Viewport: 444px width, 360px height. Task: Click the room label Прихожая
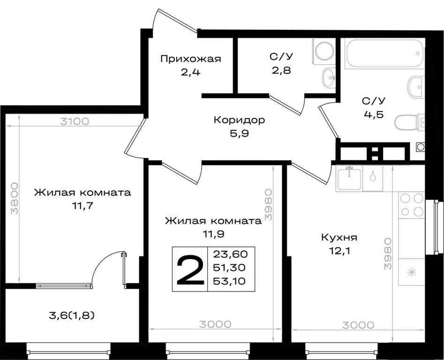point(190,59)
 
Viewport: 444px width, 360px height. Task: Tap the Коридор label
point(239,120)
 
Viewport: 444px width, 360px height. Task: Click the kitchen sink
point(349,179)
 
